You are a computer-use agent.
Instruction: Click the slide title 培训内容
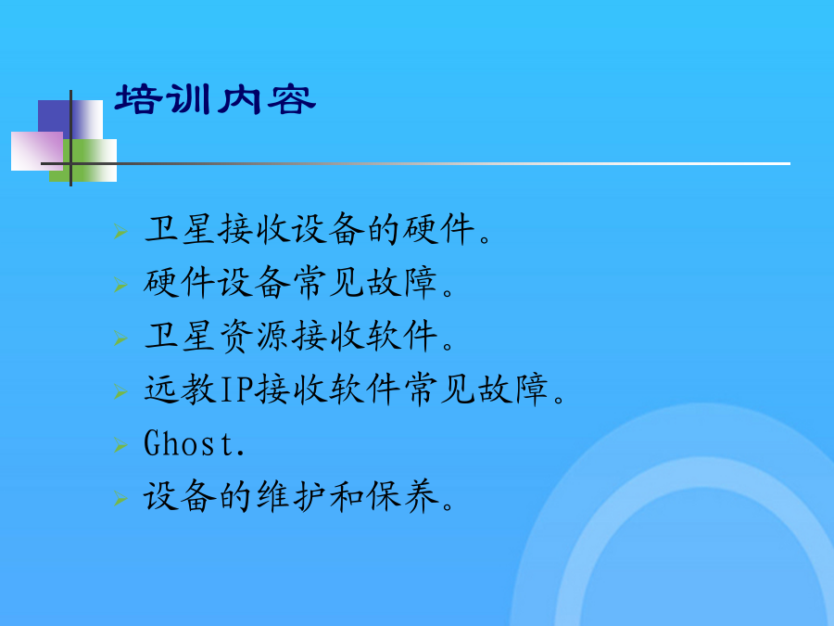pos(215,99)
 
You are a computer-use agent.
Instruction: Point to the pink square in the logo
pos(37,151)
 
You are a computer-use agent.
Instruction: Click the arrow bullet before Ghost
pos(120,444)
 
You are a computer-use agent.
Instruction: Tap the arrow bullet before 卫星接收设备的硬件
pos(120,232)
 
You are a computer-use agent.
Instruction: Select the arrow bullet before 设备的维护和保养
pos(120,498)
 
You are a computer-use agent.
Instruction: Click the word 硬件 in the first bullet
pos(438,229)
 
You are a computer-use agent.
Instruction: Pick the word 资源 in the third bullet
pos(254,337)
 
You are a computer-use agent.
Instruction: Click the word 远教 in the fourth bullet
pos(180,390)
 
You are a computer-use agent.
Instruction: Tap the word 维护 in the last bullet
pos(291,496)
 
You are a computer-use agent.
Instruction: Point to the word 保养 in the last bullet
pos(403,496)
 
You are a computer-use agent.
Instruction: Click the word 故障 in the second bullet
pos(402,283)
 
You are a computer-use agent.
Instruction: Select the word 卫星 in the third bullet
pos(180,337)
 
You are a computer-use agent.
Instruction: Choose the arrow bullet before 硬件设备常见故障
pos(120,285)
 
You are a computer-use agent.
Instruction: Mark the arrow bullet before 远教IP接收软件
pos(120,391)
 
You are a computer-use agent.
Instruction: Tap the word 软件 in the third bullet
pos(402,337)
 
